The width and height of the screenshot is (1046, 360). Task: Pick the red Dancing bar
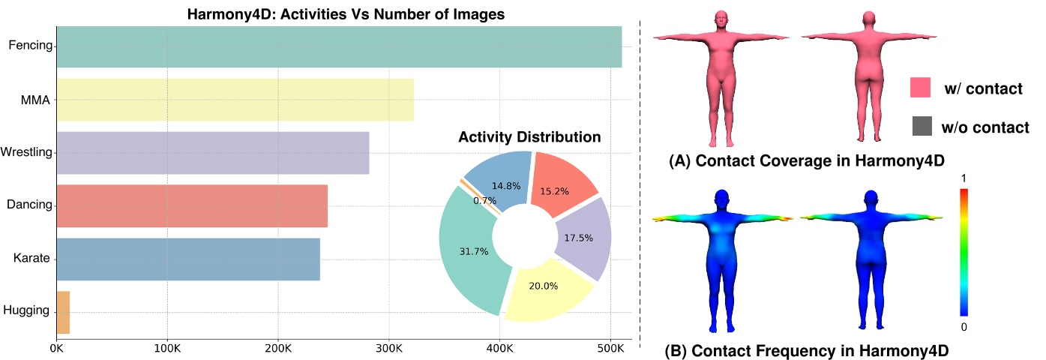tap(192, 205)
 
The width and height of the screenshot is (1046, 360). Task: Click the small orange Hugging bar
tap(63, 312)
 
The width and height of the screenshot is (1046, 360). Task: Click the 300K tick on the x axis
tap(388, 349)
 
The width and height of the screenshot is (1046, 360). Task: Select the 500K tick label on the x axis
tap(610, 349)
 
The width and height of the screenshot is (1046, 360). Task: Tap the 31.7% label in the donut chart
tap(474, 252)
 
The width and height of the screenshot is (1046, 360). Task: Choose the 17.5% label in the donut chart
tap(578, 238)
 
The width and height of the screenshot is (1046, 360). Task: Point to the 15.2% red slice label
tap(554, 192)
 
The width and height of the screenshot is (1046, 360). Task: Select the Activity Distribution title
tap(529, 138)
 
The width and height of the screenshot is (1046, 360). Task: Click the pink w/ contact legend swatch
tap(921, 88)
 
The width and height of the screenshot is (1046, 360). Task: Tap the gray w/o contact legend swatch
tap(921, 127)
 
